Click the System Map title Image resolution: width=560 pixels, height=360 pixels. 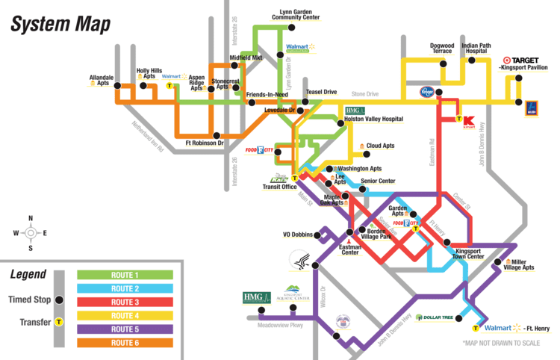pyautogui.click(x=59, y=24)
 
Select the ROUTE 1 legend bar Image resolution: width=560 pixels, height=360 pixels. pyautogui.click(x=125, y=275)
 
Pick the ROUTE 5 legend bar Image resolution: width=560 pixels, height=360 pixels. pyautogui.click(x=125, y=329)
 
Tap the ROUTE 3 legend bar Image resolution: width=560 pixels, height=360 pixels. pyautogui.click(x=125, y=302)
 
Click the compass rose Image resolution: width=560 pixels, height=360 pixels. pyautogui.click(x=30, y=233)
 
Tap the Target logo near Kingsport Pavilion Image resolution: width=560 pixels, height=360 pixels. pyautogui.click(x=520, y=60)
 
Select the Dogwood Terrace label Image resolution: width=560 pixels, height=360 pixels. pyautogui.click(x=441, y=49)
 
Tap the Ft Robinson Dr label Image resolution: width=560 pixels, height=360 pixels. pyautogui.click(x=205, y=143)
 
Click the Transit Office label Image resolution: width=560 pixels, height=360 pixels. pyautogui.click(x=279, y=187)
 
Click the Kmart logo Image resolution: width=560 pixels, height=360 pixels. pyautogui.click(x=469, y=120)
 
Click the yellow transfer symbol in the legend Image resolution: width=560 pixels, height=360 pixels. pyautogui.click(x=58, y=323)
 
